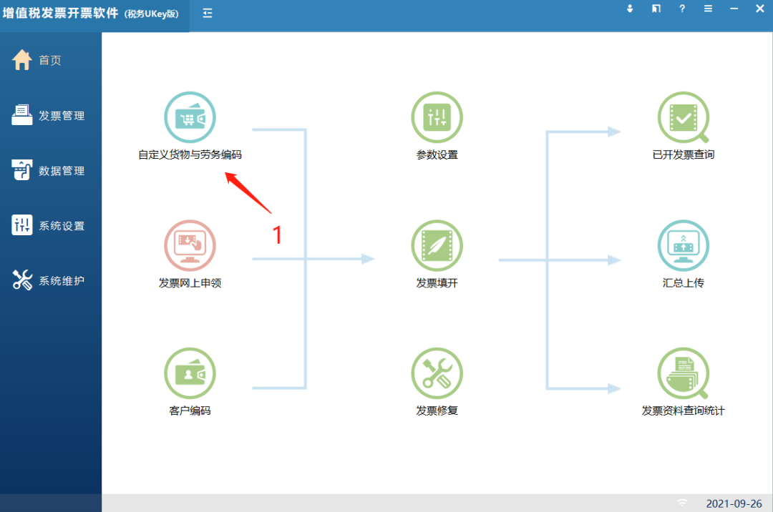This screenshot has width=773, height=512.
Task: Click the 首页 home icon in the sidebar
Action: point(22,60)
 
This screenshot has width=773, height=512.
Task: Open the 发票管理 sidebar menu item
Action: point(49,116)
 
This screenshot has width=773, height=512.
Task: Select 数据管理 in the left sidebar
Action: point(49,170)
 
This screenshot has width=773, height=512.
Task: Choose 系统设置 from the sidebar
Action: point(49,225)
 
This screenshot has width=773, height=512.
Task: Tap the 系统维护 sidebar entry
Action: point(49,280)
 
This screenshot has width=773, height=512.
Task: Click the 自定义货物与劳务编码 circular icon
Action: point(190,117)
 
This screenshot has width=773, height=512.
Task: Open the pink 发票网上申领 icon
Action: point(190,245)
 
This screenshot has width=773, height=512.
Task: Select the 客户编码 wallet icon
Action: point(190,373)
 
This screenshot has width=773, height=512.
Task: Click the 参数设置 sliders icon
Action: point(437,117)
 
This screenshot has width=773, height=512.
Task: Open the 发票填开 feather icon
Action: point(437,245)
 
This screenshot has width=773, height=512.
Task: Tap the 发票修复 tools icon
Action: point(437,373)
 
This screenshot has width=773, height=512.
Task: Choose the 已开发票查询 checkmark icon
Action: point(684,117)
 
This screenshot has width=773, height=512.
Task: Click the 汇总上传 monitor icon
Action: point(684,245)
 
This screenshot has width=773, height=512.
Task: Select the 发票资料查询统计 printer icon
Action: point(684,373)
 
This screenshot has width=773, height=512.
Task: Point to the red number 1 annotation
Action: point(277,235)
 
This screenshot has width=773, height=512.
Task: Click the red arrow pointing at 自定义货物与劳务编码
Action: point(248,192)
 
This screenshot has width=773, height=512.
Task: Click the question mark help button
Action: point(682,9)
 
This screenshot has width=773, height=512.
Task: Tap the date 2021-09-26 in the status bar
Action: point(734,503)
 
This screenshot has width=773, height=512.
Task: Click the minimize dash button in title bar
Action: point(734,9)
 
